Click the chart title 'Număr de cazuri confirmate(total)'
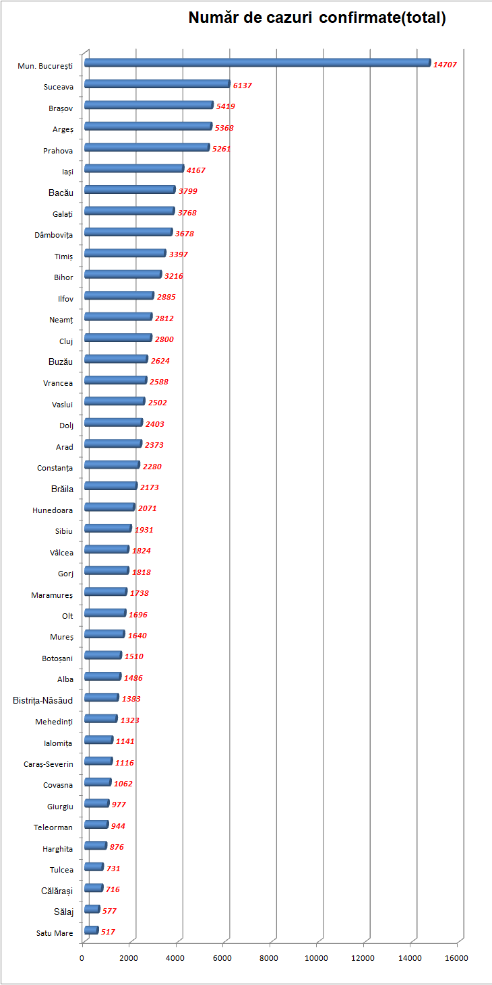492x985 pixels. click(317, 18)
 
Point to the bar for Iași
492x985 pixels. click(134, 169)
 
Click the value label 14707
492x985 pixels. click(445, 65)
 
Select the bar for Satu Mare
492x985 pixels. click(91, 930)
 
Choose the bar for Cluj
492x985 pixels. click(118, 338)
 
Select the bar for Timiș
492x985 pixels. click(125, 253)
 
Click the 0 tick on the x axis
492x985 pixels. click(82, 958)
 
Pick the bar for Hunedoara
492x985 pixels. click(109, 507)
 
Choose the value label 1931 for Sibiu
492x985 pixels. click(144, 530)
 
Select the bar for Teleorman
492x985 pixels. click(96, 825)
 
